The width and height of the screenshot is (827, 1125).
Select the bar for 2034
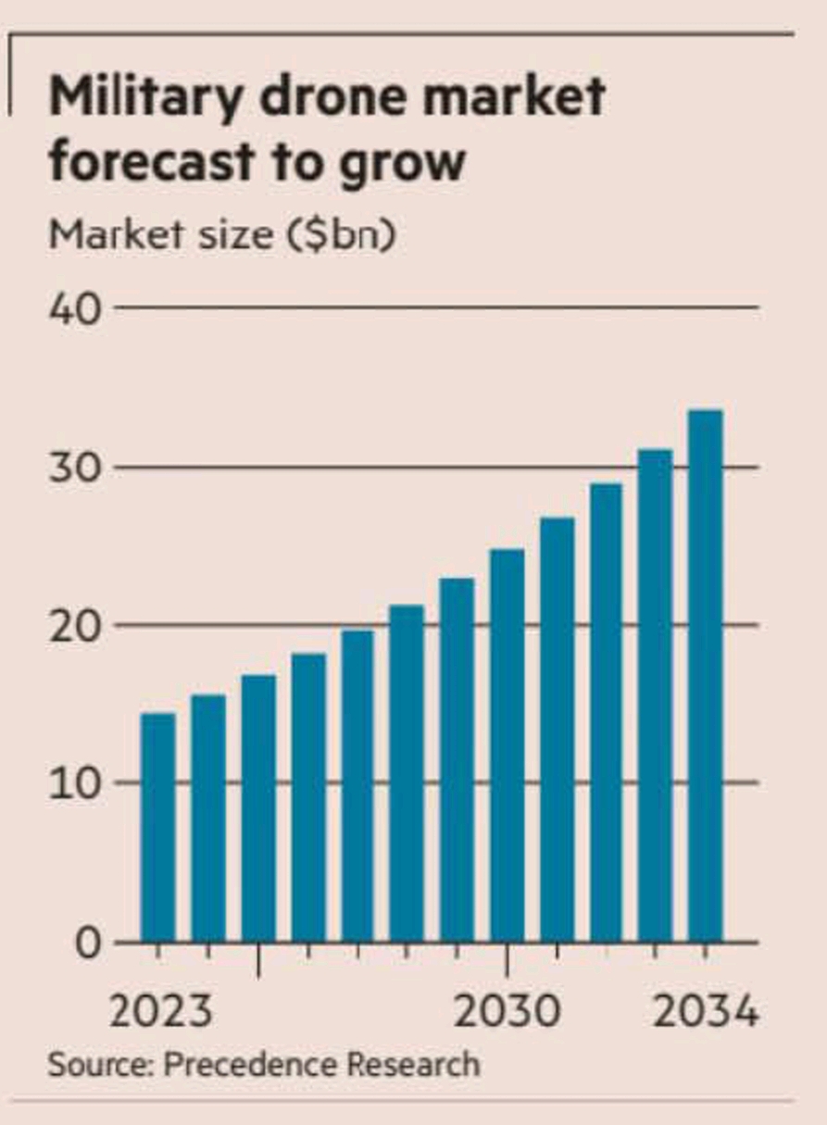[x=706, y=676]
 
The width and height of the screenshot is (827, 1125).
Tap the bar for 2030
[x=507, y=745]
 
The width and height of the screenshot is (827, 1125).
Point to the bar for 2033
[x=656, y=695]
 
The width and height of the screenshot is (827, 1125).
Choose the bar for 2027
[x=357, y=786]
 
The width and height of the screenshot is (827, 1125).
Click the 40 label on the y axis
[x=74, y=308]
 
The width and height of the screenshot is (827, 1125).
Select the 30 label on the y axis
[x=74, y=468]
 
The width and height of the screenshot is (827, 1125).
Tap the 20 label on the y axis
[x=74, y=626]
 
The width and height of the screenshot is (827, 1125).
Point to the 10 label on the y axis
[x=74, y=783]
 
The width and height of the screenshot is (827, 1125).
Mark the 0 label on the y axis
[x=85, y=944]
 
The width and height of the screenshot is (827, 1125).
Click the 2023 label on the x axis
[x=160, y=1011]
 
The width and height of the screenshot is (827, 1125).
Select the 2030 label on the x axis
[x=507, y=1011]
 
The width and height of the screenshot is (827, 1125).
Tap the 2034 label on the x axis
[x=706, y=1011]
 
